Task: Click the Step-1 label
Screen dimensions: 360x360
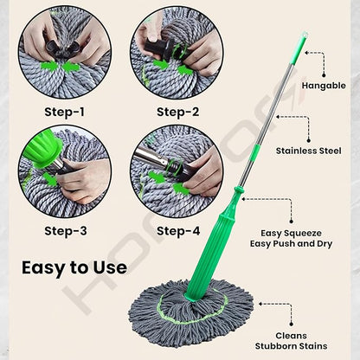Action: click(x=66, y=112)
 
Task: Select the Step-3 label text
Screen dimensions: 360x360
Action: click(x=66, y=230)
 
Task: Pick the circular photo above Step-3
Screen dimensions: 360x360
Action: click(x=66, y=171)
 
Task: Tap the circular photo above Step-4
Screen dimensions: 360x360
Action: click(x=177, y=171)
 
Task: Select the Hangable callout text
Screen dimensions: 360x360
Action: click(x=323, y=86)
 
